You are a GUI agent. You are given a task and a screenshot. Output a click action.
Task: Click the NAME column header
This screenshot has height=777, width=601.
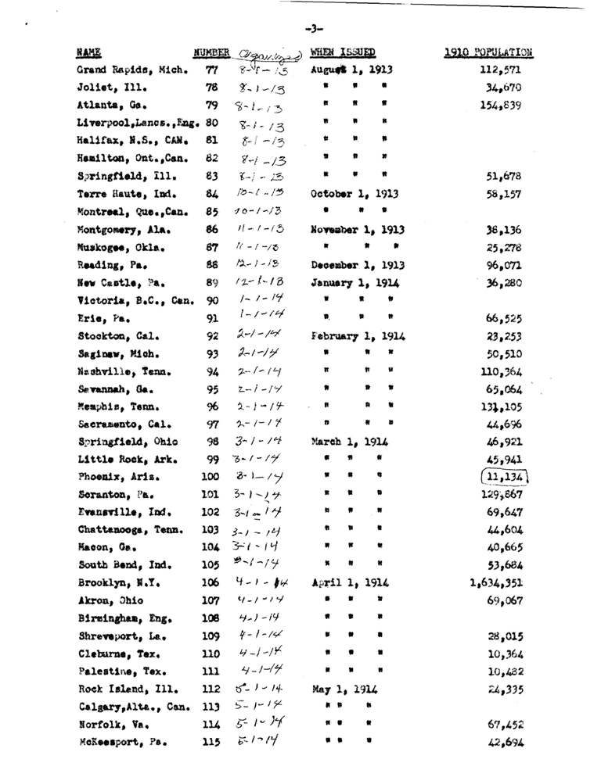point(88,53)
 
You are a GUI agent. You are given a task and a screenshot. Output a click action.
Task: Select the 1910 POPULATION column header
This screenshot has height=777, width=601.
point(488,53)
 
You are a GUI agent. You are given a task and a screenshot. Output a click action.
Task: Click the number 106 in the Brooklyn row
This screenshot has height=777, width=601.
point(210,582)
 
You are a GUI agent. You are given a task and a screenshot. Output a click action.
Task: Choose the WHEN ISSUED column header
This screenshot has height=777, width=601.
point(343,53)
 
